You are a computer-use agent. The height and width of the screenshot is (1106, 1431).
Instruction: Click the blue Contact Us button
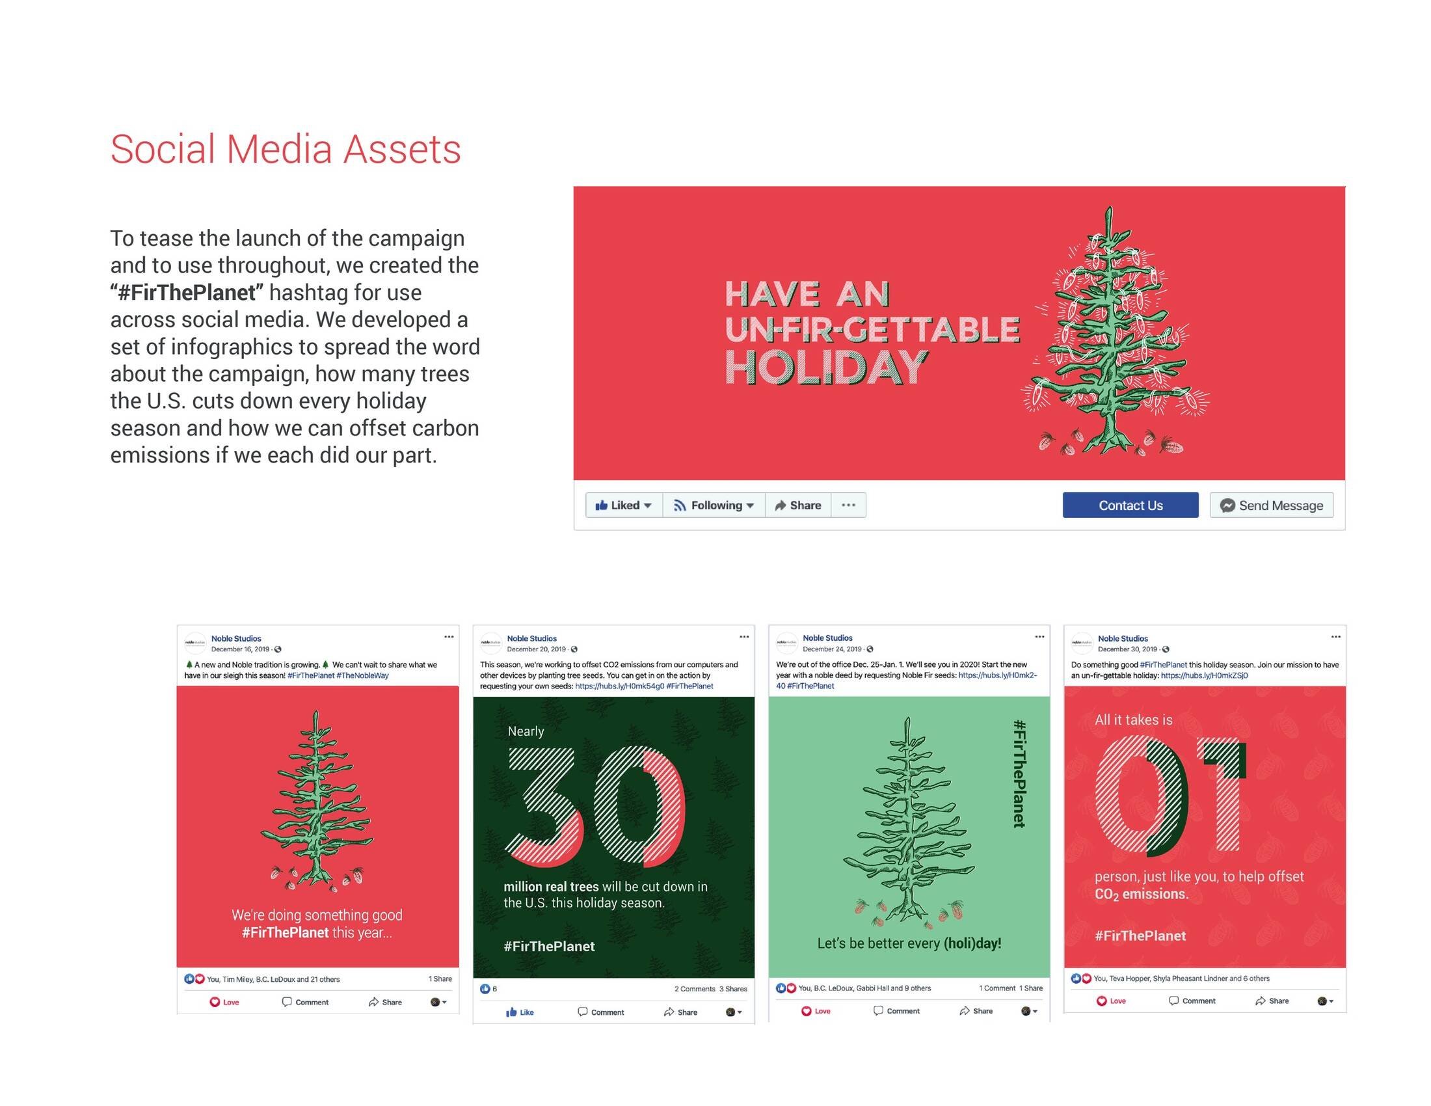point(1130,505)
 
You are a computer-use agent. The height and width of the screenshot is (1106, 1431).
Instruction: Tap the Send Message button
point(1271,505)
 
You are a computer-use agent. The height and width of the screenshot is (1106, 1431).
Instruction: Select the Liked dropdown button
point(624,505)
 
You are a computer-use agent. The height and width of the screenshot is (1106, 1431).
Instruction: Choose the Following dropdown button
point(714,505)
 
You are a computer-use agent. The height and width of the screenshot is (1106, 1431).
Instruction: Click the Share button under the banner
point(798,505)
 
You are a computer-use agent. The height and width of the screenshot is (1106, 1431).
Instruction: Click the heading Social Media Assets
point(286,150)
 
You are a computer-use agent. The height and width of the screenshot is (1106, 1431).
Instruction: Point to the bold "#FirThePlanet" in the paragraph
point(186,292)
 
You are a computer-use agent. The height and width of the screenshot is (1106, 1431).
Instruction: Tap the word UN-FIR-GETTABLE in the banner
point(872,330)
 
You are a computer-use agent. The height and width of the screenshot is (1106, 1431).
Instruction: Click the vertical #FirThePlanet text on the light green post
point(1019,773)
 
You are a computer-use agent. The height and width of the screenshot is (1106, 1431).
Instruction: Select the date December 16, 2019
point(240,649)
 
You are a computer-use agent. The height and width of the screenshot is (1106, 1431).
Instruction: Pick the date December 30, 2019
point(1127,649)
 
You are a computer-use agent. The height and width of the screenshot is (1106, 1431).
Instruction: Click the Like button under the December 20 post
point(520,1012)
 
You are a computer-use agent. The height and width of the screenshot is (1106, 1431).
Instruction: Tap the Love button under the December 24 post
point(816,1011)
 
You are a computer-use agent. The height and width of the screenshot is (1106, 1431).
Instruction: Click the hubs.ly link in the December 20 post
point(619,686)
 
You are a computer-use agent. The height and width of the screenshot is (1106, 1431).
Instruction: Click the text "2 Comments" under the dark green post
point(695,989)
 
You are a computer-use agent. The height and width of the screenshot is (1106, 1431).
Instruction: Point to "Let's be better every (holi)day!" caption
point(909,943)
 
